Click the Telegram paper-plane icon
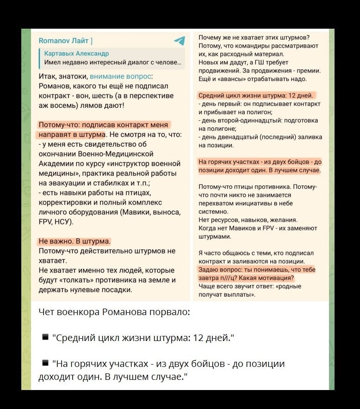[x=179, y=41]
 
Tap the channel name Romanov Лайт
[x=65, y=41]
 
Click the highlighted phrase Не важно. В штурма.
[x=74, y=242]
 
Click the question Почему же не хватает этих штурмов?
[x=254, y=37]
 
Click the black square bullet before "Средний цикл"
[x=45, y=337]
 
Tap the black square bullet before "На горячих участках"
[x=45, y=363]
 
